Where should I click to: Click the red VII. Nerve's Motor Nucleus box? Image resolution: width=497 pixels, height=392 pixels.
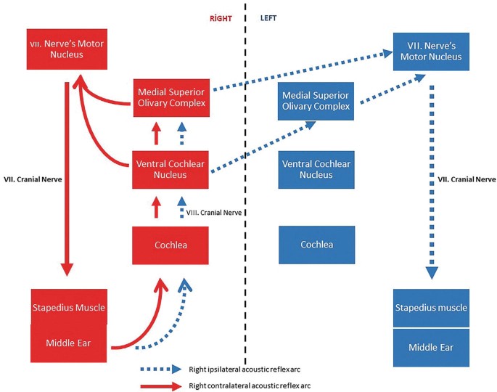(67, 49)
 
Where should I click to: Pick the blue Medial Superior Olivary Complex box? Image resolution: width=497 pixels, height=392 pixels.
(316, 102)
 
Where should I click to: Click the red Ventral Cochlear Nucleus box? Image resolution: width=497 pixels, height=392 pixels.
(171, 169)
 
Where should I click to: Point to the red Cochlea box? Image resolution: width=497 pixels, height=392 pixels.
(171, 245)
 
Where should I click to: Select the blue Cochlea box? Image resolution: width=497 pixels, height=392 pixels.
(316, 245)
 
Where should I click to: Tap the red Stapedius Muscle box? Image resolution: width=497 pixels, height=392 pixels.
(67, 307)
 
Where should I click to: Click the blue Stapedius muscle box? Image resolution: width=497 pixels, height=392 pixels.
(432, 308)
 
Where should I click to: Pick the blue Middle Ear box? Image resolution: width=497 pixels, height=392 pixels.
(432, 347)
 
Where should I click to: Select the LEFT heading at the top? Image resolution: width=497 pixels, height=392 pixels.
(268, 18)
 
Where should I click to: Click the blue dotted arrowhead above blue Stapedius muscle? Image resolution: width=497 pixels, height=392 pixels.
(432, 272)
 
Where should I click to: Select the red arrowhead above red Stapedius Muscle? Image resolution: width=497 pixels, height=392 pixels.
(67, 269)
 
